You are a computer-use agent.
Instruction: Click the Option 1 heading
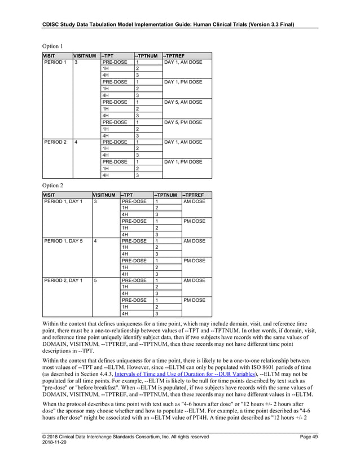(53, 45)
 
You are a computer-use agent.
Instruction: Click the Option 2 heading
(53, 184)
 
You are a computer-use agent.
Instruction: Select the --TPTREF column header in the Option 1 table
(175, 55)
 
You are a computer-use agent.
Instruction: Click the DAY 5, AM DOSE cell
(182, 102)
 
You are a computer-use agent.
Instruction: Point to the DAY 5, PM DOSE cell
(182, 122)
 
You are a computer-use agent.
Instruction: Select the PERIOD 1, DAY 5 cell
(63, 241)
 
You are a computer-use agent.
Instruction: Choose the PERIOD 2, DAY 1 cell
(63, 280)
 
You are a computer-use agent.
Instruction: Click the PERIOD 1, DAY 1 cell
(63, 201)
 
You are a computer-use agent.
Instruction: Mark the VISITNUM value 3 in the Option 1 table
(76, 62)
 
